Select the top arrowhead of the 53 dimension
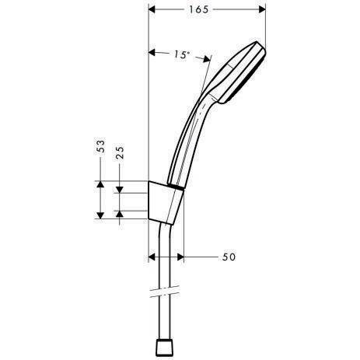[x=101, y=184]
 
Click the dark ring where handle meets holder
[x=179, y=189]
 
